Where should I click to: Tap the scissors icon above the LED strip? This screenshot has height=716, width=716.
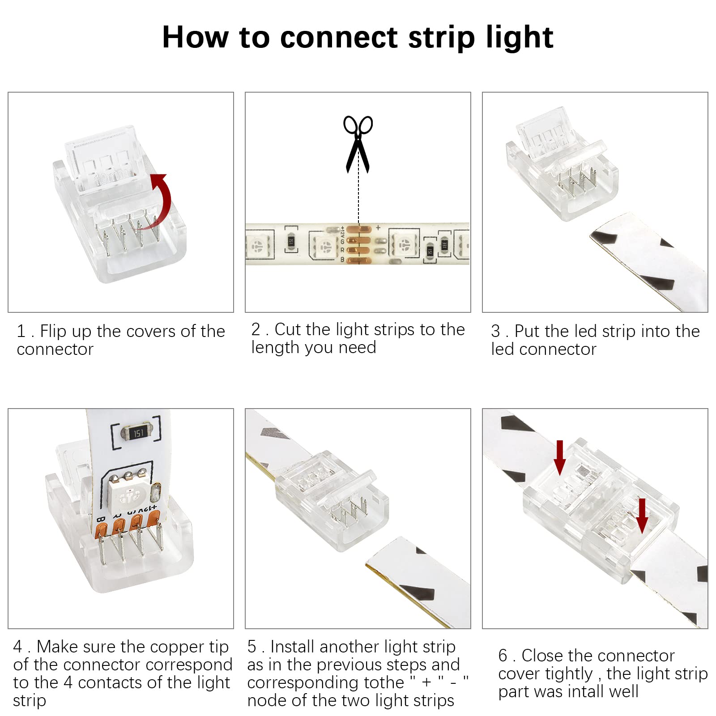coord(358,143)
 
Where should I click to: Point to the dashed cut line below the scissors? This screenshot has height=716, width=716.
coord(358,197)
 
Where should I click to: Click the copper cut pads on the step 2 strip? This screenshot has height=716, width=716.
coord(358,244)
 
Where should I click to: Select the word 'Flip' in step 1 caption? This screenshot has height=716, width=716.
coord(53,332)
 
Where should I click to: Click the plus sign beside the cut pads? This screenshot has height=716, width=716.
coord(378,228)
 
